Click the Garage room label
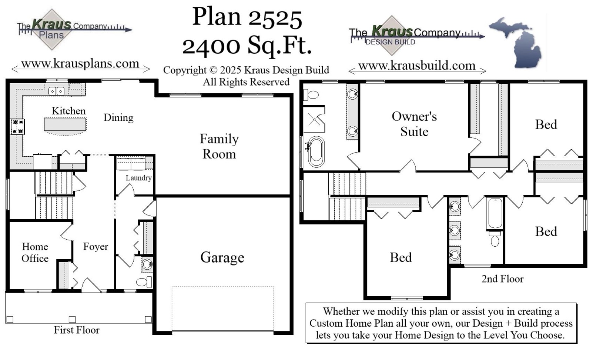(222, 257)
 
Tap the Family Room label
(219, 146)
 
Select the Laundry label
(138, 178)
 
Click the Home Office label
(35, 253)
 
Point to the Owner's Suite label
(414, 124)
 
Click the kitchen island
(65, 125)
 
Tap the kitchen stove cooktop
(17, 126)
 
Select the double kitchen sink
(56, 91)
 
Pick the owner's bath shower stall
(314, 119)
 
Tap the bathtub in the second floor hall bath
(495, 214)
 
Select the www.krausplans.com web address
(80, 64)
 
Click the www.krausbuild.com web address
(417, 66)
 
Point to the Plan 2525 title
(247, 18)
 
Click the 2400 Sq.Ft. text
(247, 46)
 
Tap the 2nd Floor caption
(502, 279)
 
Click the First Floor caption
(77, 330)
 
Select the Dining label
(118, 118)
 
